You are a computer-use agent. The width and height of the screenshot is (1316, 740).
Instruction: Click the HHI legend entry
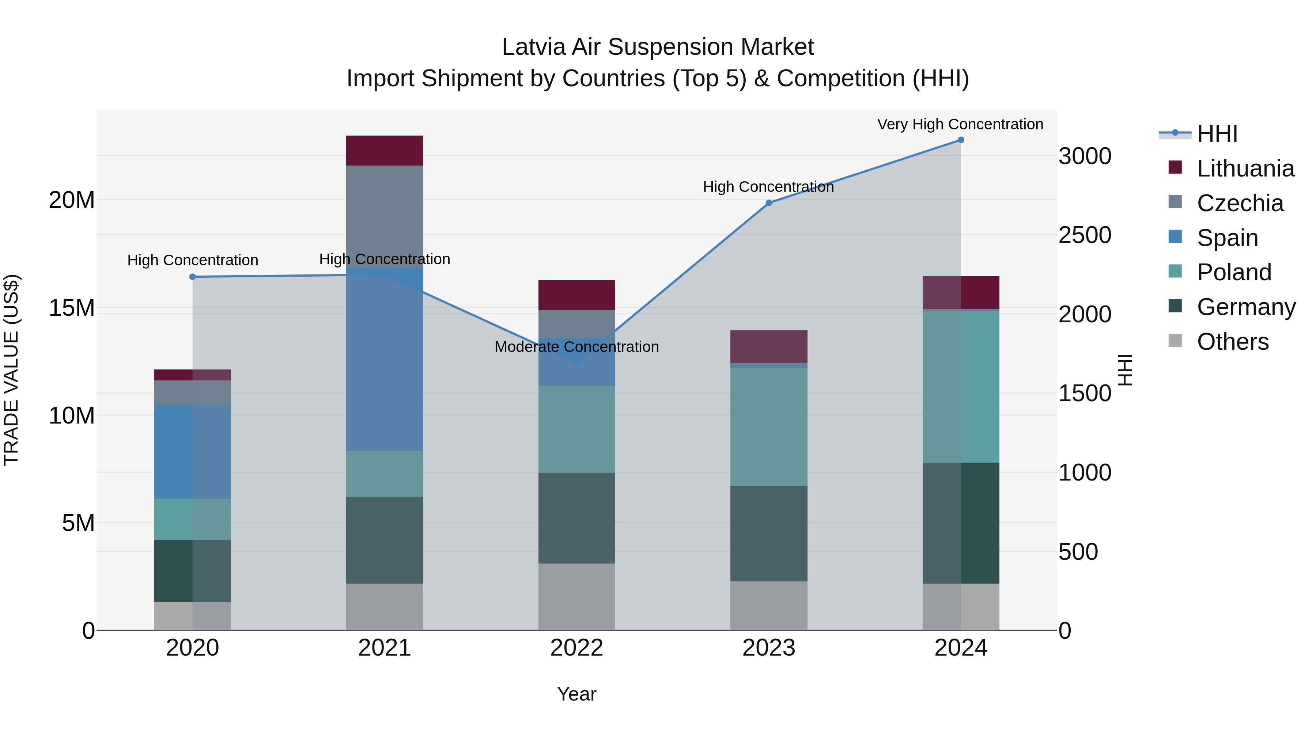click(x=1217, y=134)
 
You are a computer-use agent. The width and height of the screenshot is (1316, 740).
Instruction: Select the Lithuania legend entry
click(x=1245, y=168)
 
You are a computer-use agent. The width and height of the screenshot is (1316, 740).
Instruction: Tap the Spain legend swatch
click(x=1175, y=237)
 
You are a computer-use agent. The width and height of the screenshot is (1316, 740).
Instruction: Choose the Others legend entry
click(x=1232, y=342)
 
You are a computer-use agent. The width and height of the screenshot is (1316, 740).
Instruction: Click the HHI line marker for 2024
click(x=960, y=140)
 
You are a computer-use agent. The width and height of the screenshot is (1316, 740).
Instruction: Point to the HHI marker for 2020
click(x=193, y=277)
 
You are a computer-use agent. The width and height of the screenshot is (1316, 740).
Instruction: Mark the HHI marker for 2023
click(x=768, y=203)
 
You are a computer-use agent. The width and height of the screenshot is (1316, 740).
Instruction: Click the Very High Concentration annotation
click(x=960, y=124)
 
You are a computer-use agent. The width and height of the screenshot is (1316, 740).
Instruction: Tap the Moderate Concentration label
click(x=576, y=347)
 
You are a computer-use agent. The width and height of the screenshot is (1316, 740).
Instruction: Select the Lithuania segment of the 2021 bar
click(x=384, y=151)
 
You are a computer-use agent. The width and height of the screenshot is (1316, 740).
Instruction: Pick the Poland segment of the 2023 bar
click(x=768, y=427)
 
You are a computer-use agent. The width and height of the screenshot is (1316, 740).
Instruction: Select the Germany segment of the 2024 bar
click(x=960, y=523)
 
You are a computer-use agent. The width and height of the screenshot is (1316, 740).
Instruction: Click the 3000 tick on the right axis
click(x=1085, y=156)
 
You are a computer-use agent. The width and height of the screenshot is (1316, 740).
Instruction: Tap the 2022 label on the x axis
click(x=576, y=648)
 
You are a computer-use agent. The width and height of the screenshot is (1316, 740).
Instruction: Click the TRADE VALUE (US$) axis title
click(x=11, y=370)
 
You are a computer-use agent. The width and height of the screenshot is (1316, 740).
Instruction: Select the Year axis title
click(x=576, y=694)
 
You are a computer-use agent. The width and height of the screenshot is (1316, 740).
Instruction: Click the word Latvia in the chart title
click(x=533, y=47)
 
